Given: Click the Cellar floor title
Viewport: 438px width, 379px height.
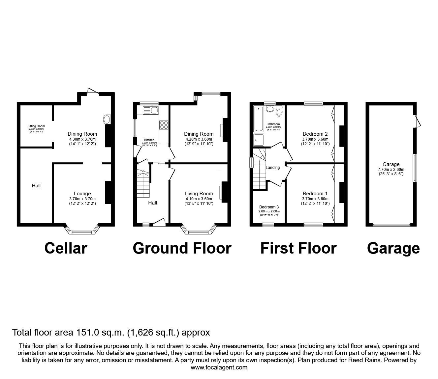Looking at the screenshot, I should [x=66, y=248].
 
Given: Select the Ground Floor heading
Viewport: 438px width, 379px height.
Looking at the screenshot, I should [x=182, y=248].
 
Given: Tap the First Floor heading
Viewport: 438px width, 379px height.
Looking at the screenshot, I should [x=298, y=248].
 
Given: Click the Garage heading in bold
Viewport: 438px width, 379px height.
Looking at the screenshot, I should [x=393, y=248].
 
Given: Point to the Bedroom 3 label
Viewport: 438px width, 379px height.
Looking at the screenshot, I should [x=269, y=207].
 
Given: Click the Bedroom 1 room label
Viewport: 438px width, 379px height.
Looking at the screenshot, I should [x=315, y=194].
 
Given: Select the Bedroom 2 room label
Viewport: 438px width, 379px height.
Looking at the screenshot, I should [x=315, y=134].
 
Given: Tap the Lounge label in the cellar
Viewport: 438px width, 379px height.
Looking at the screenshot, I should [x=82, y=194].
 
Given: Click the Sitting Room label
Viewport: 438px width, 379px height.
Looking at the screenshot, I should [x=36, y=126].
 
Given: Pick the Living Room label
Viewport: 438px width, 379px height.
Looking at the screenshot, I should [x=199, y=194].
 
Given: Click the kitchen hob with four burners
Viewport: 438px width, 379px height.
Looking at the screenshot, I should [x=164, y=125].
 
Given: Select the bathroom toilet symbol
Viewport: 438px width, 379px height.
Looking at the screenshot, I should [x=270, y=109].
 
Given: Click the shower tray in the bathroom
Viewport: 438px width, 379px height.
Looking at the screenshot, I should [x=259, y=140].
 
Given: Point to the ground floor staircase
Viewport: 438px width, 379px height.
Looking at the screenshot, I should [x=142, y=183].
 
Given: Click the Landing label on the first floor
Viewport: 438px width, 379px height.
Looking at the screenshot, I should [x=273, y=168].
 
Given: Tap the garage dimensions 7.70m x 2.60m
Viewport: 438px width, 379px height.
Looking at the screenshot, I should [x=391, y=169].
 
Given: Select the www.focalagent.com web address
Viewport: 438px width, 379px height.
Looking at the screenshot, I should [x=219, y=367].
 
